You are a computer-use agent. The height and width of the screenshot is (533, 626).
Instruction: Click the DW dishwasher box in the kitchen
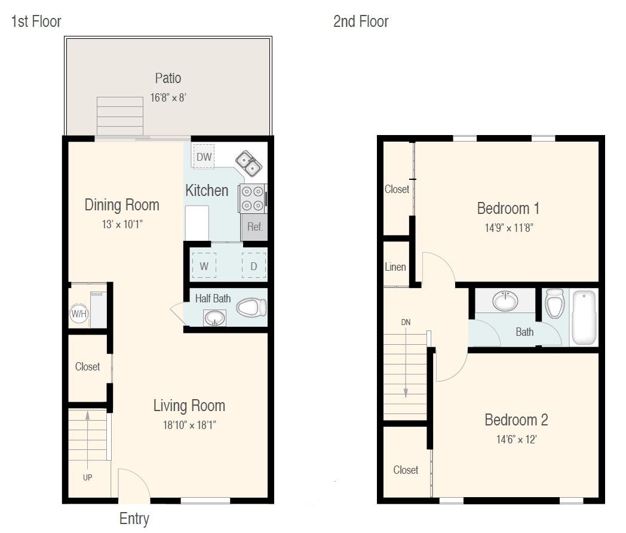tap(204, 156)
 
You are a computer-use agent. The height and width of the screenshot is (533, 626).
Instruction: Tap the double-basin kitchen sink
tap(248, 163)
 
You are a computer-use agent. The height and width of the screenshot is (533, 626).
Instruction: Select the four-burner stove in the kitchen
tap(253, 198)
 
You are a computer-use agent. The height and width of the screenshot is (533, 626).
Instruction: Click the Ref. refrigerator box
tap(254, 227)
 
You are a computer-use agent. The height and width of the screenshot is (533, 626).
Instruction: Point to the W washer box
tap(204, 266)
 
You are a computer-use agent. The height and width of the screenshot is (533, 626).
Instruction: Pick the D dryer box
tap(253, 266)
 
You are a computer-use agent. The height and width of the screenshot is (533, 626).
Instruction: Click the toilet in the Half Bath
tap(251, 308)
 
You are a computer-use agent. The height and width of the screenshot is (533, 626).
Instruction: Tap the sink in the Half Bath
tap(215, 318)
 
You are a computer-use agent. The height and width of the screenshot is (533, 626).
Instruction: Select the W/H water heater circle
tap(79, 314)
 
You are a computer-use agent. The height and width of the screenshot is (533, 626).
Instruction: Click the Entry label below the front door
tap(134, 519)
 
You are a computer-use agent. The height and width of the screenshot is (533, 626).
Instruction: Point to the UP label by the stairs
tap(87, 477)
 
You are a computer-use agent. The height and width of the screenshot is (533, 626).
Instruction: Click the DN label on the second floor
tap(406, 322)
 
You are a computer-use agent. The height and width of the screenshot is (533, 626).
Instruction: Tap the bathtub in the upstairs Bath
tap(584, 318)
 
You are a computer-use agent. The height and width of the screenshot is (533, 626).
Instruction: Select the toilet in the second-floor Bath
tap(554, 303)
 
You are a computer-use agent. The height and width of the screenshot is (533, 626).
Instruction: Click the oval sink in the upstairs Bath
tap(505, 301)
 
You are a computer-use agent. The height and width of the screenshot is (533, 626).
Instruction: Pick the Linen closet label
tap(395, 266)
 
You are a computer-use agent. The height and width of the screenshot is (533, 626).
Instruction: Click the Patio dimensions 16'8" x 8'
tap(168, 97)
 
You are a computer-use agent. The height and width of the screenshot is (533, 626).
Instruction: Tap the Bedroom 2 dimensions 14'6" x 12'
tap(516, 440)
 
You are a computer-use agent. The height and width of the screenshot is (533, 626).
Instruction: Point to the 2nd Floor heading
tap(361, 21)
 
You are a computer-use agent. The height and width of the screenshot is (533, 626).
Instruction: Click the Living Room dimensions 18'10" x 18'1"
tap(189, 425)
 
